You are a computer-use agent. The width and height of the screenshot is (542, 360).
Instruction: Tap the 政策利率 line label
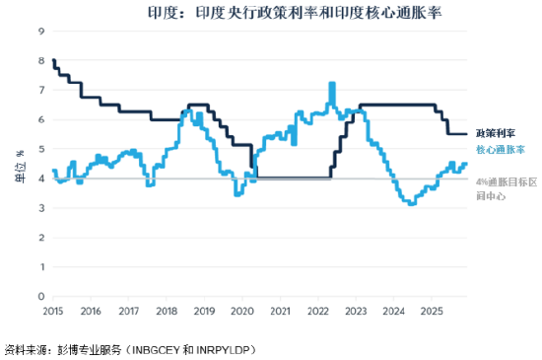(499, 132)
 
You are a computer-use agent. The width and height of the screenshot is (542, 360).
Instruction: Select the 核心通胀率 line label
(501, 150)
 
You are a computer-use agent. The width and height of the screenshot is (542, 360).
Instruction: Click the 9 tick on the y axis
(41, 31)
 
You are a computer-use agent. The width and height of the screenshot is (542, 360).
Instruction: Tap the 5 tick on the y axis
(41, 149)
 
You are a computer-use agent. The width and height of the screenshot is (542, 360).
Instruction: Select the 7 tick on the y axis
(41, 90)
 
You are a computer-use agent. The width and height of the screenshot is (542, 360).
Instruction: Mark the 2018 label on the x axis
(167, 312)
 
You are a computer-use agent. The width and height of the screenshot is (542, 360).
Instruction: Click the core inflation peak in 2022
(332, 84)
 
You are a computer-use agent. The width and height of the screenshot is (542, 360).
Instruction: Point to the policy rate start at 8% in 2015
(53, 60)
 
